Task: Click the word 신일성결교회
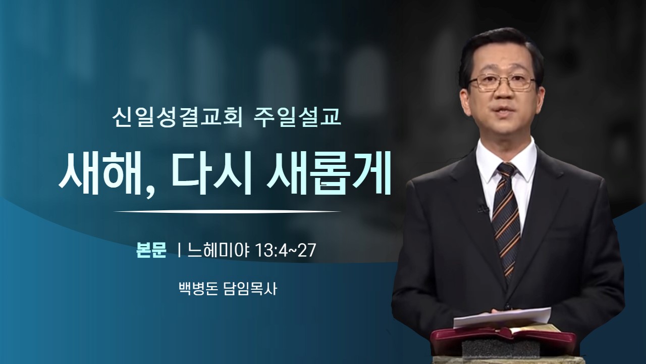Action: pos(177,118)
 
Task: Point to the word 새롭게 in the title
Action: pos(328,174)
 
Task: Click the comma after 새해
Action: pos(150,191)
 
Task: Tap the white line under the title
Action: pos(227,212)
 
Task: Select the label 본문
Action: pos(151,250)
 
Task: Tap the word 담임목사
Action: pos(250,289)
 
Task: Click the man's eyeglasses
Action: pos(502,81)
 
